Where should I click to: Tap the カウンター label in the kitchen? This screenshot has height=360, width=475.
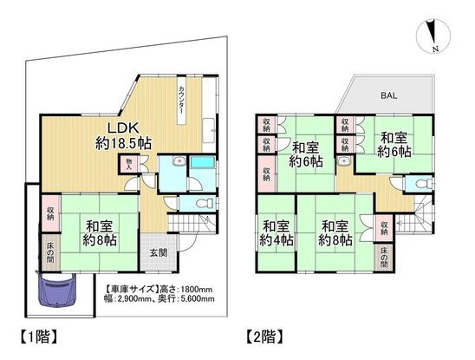[x=180, y=99]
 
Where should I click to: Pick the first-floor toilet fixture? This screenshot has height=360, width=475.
[x=204, y=202]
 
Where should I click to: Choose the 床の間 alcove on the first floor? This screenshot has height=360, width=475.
[x=52, y=252]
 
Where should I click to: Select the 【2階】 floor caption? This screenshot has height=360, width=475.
[x=264, y=333]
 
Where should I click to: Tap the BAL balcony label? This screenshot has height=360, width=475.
[x=386, y=96]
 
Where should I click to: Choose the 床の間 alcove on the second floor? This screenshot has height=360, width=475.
[x=385, y=258]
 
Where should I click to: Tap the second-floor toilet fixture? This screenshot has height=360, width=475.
[x=420, y=184]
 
